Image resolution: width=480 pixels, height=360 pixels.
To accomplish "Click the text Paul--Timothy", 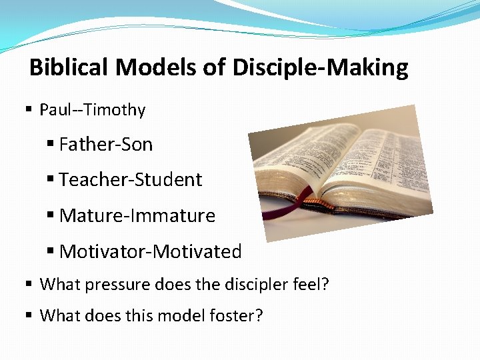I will tap(92, 110).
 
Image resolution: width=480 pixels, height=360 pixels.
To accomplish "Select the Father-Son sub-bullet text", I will tap(106, 145).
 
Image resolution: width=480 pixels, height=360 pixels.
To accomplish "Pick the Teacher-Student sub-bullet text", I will tap(131, 180).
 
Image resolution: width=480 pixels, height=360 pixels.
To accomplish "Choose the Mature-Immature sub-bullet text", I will tap(137, 216).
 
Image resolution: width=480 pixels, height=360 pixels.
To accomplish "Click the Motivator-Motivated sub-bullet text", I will tap(151, 252).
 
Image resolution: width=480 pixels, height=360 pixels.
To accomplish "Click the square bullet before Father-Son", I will tap(51, 145).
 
